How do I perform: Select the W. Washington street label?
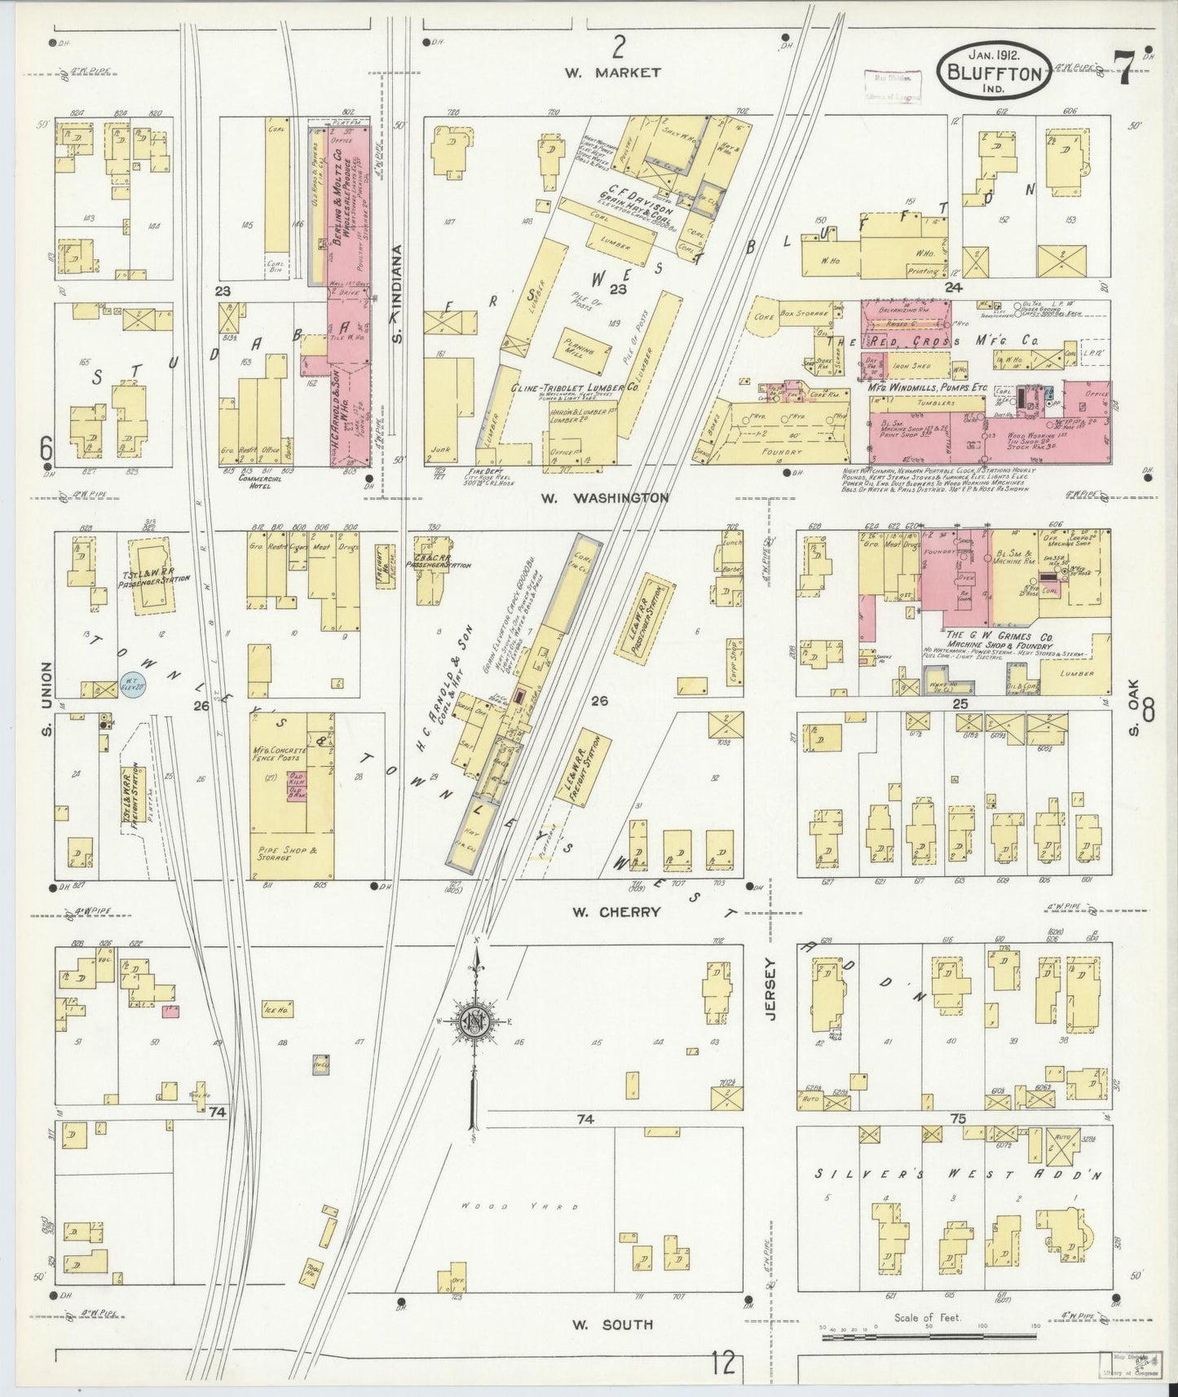[x=618, y=497]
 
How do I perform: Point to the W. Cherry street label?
[x=615, y=912]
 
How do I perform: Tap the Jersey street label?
[x=770, y=987]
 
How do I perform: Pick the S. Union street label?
[x=46, y=700]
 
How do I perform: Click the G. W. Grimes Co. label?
[x=987, y=634]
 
